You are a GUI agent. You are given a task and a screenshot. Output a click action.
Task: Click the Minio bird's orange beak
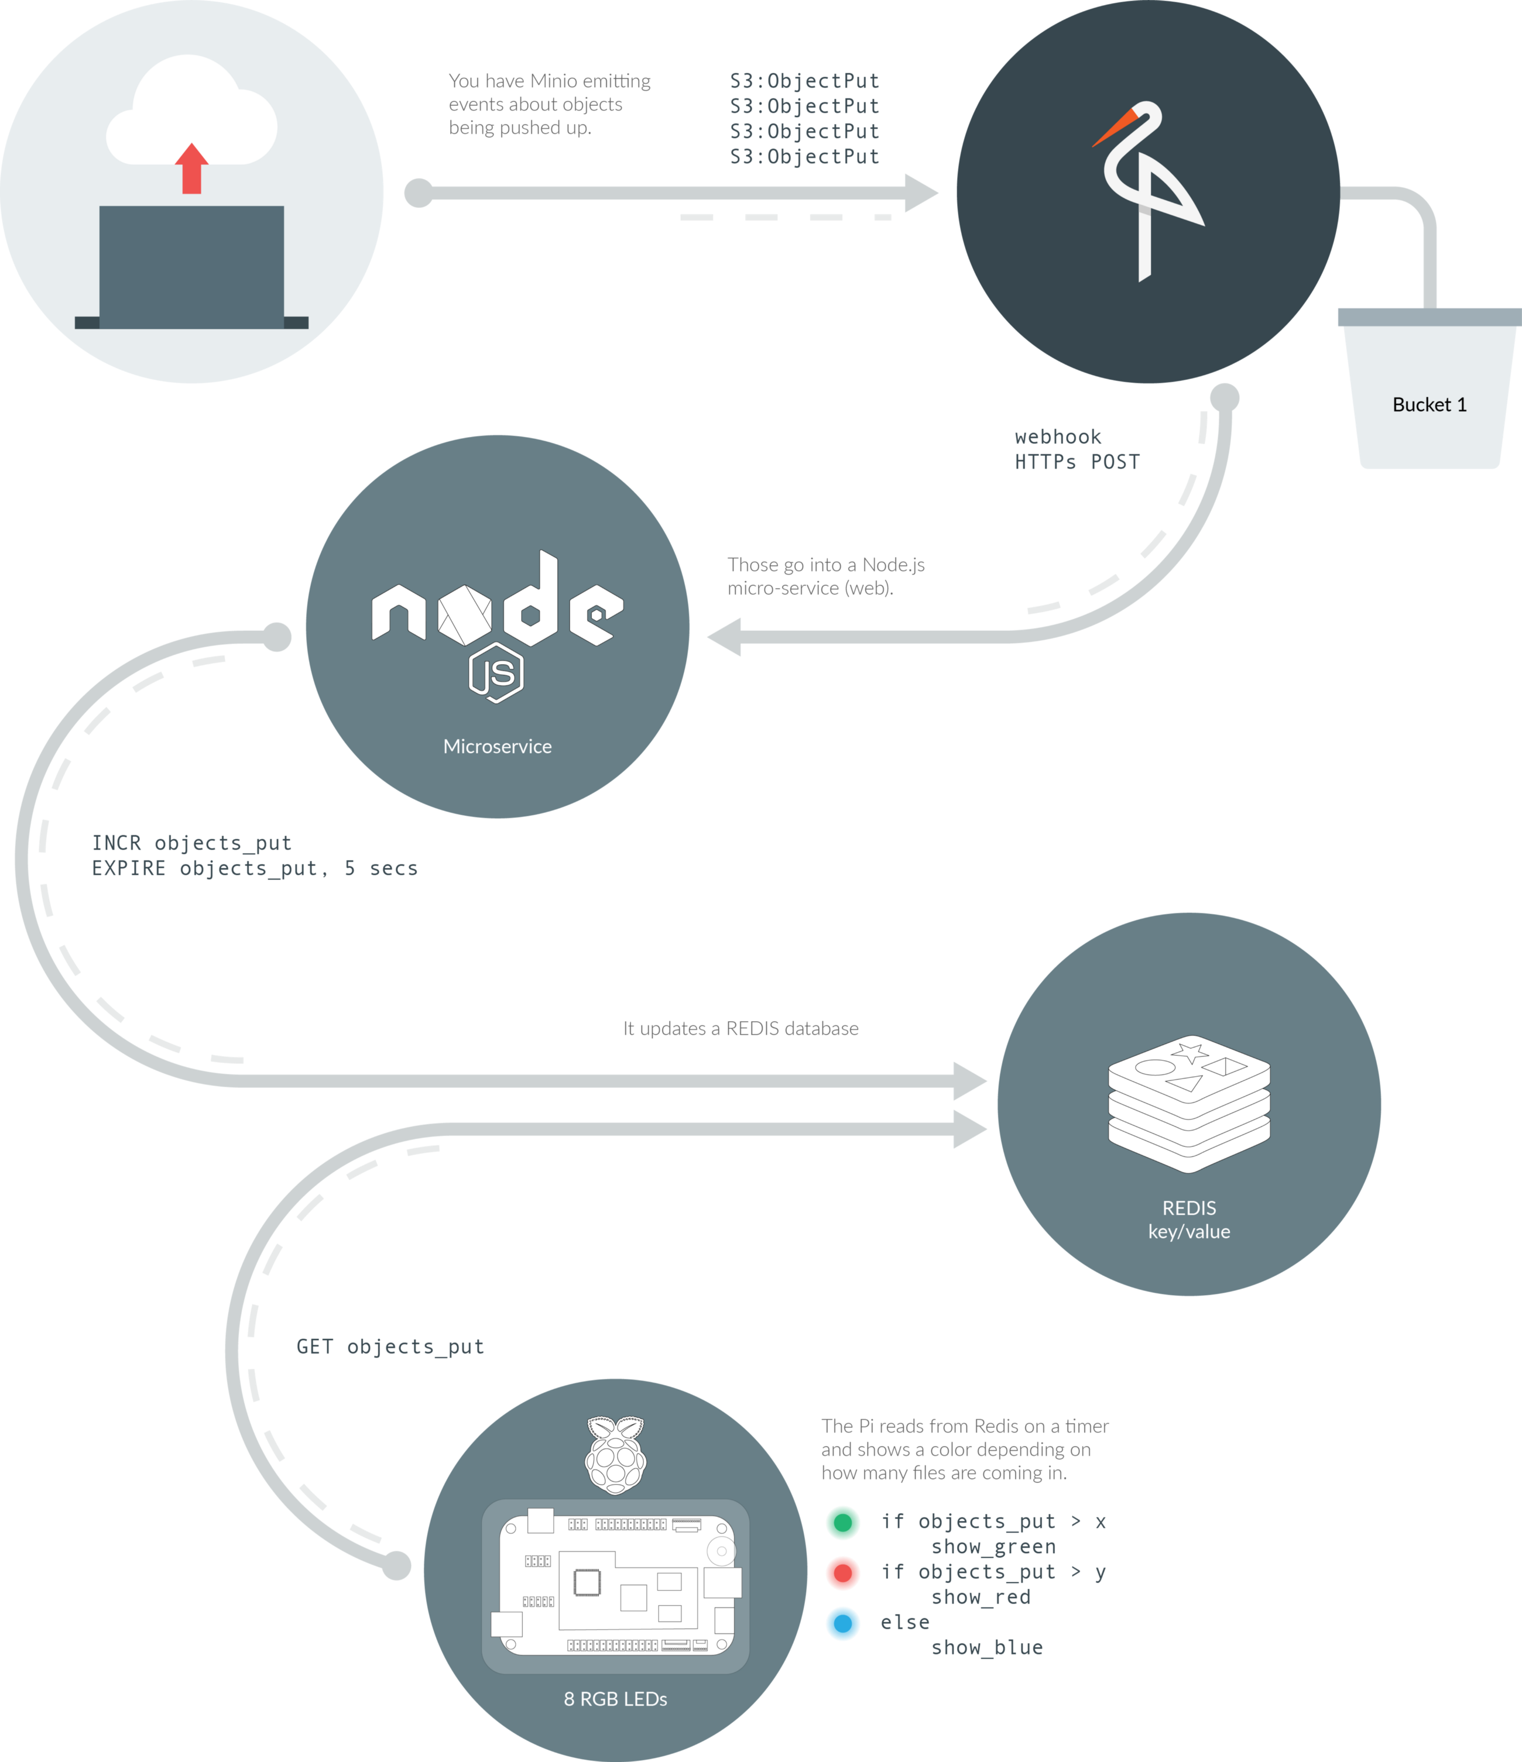click(1113, 128)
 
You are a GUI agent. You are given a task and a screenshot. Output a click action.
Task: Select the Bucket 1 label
click(1430, 405)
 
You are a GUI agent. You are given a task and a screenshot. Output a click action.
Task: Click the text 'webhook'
click(1057, 437)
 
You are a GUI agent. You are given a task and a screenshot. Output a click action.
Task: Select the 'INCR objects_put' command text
click(191, 843)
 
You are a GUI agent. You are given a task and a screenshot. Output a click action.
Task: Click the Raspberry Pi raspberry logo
click(616, 1455)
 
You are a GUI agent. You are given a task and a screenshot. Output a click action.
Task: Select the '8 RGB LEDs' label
click(615, 1699)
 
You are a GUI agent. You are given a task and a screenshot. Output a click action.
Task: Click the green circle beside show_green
click(843, 1523)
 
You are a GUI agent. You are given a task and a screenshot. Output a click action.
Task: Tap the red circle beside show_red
click(843, 1573)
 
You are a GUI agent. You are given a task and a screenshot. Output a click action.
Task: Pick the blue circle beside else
click(843, 1623)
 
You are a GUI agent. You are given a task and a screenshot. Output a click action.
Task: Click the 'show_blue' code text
click(987, 1648)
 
